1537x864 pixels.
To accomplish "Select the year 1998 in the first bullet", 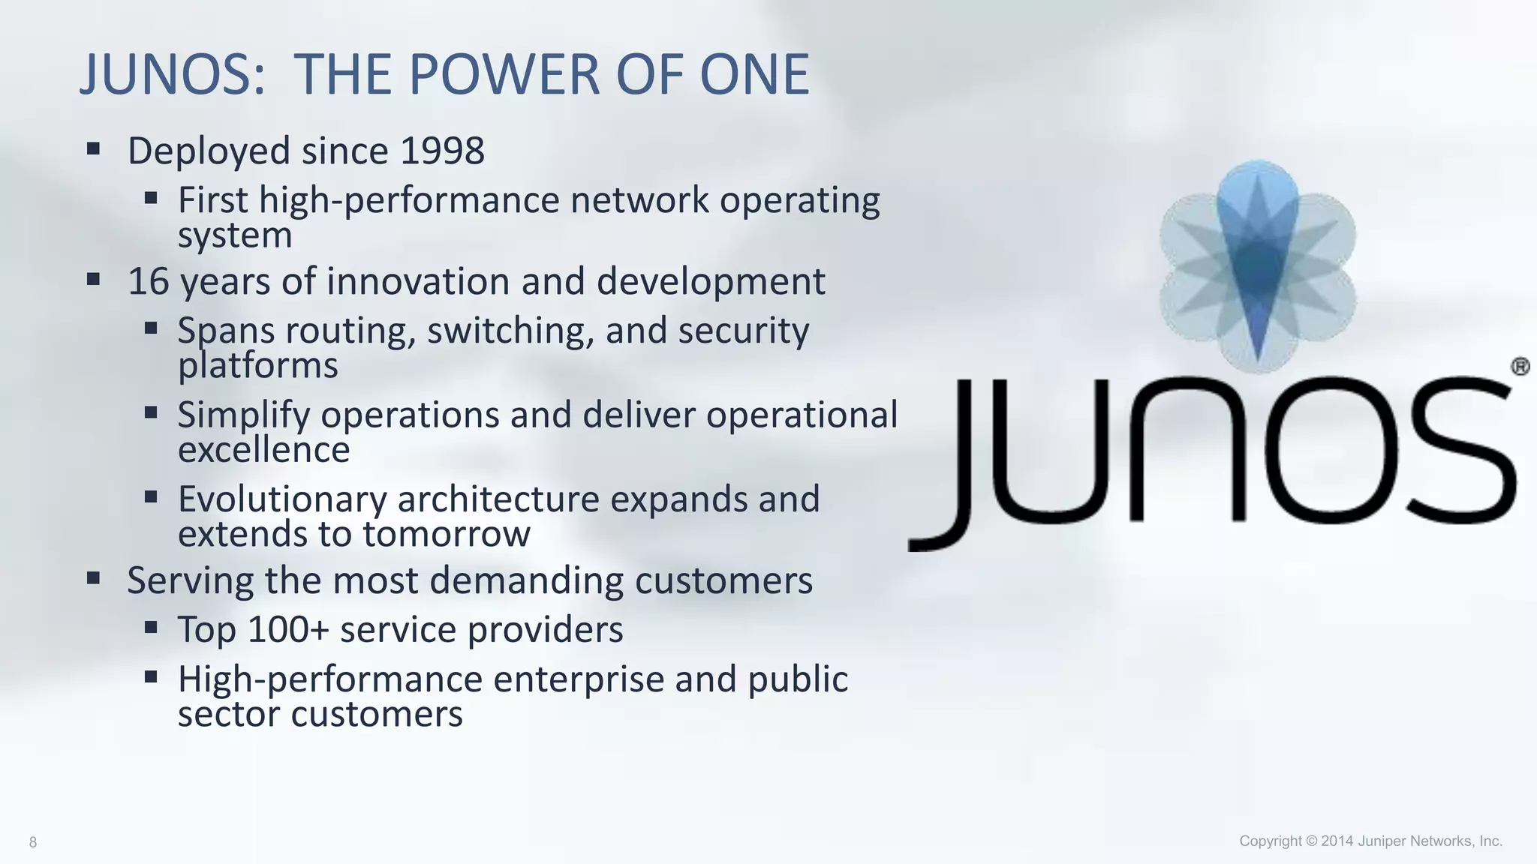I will point(442,151).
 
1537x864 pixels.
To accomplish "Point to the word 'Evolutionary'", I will point(281,499).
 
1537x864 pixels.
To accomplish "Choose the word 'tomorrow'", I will point(447,534).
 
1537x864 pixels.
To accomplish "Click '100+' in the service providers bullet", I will point(288,629).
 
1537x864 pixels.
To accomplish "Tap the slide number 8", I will point(33,842).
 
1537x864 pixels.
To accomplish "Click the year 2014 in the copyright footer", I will point(1337,841).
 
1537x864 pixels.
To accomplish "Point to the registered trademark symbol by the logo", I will point(1520,367).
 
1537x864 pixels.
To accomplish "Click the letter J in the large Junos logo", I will point(946,465).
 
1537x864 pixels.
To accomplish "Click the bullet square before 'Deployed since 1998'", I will point(94,148).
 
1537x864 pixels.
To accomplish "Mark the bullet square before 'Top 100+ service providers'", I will point(152,627).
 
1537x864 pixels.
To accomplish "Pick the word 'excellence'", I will point(263,450).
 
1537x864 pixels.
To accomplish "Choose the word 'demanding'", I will point(526,580).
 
